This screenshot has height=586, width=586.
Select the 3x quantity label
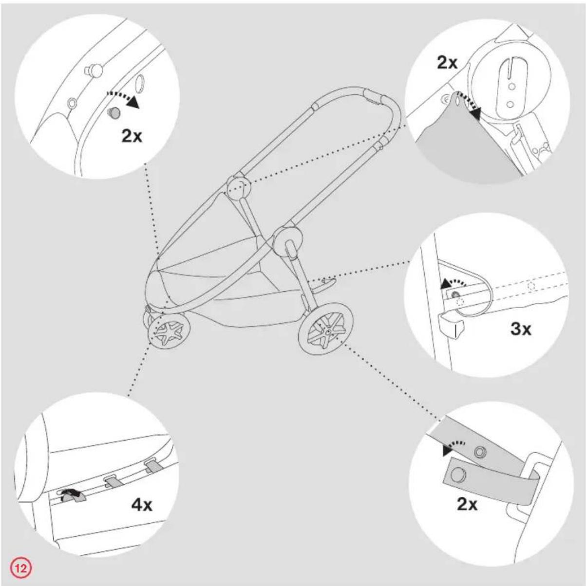(521, 329)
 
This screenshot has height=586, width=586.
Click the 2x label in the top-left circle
(132, 136)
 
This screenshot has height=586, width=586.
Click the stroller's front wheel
(169, 331)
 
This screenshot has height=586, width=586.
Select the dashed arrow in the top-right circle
(468, 102)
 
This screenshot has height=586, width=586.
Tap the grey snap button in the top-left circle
(113, 113)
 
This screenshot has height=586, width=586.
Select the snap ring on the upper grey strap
(480, 452)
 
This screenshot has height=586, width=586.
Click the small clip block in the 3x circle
(451, 326)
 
